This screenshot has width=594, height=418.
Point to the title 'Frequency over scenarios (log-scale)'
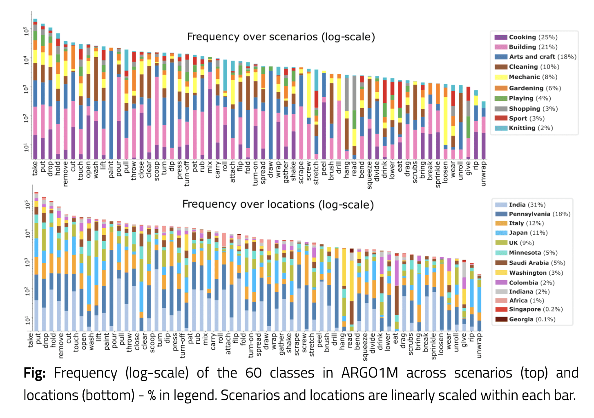tap(281, 37)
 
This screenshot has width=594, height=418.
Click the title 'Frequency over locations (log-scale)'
tap(278, 204)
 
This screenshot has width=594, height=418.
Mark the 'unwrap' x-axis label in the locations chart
tap(479, 345)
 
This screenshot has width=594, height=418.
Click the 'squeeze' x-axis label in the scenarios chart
tap(369, 175)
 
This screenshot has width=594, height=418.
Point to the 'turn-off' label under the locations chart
tap(182, 345)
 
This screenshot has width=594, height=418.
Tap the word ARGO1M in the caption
tap(369, 373)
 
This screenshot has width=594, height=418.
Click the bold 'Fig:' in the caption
tap(34, 373)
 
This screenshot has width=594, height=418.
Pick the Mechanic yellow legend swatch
tap(501, 77)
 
